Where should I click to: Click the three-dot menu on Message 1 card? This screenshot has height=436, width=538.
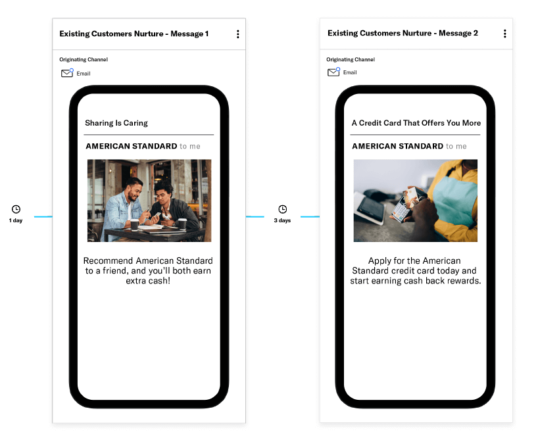click(238, 34)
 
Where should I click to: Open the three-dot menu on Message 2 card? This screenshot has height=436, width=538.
click(504, 34)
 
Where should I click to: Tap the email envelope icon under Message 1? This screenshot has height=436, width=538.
click(67, 73)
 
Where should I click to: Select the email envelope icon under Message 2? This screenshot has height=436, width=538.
click(333, 72)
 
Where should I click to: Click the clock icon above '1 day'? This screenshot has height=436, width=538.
click(16, 209)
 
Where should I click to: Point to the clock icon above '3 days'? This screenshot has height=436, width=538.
click(282, 209)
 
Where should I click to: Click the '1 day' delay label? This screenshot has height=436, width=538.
click(16, 220)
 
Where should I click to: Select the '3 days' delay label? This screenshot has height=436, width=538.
click(282, 220)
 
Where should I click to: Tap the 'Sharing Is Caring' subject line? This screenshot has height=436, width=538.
click(116, 123)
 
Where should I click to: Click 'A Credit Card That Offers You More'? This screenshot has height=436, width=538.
click(416, 123)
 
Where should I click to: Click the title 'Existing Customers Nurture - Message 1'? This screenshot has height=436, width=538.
click(134, 34)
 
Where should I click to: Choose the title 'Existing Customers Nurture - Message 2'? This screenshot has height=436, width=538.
click(403, 33)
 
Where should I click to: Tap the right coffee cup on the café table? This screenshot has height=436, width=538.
click(183, 224)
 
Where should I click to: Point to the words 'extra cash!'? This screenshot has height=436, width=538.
click(148, 281)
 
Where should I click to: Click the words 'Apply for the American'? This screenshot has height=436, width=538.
click(414, 260)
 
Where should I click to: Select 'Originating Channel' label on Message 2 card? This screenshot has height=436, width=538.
click(351, 59)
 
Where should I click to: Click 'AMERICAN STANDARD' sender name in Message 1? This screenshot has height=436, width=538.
click(132, 146)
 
